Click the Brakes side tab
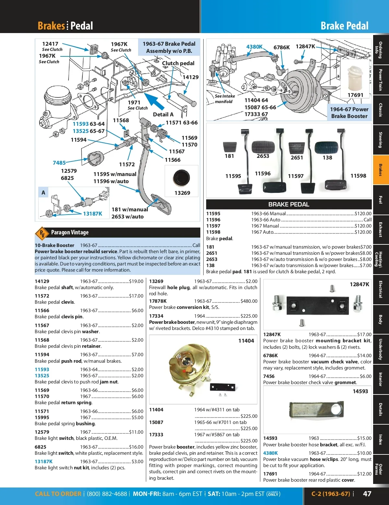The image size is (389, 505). pos(381,170)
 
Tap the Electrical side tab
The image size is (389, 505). pos(381,289)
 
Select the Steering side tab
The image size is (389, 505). pos(381,140)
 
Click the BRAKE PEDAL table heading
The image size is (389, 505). pos(289,204)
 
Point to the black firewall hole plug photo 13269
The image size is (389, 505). pos(181,178)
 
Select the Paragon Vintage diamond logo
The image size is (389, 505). pos(42,233)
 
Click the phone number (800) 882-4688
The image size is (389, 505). pos(107,494)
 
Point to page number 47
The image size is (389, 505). pos(367,494)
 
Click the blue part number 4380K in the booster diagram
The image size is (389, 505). pos(254,47)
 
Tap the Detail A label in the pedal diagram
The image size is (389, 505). pos(163,114)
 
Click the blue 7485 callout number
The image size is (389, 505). pos(59,163)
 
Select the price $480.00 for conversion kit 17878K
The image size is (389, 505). pos(249,301)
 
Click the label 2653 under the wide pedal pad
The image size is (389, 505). pos(263,156)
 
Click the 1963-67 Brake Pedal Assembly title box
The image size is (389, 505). pos(169,47)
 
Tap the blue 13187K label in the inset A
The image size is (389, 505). pos(92,214)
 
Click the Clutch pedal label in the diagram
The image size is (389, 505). pos(178,63)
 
